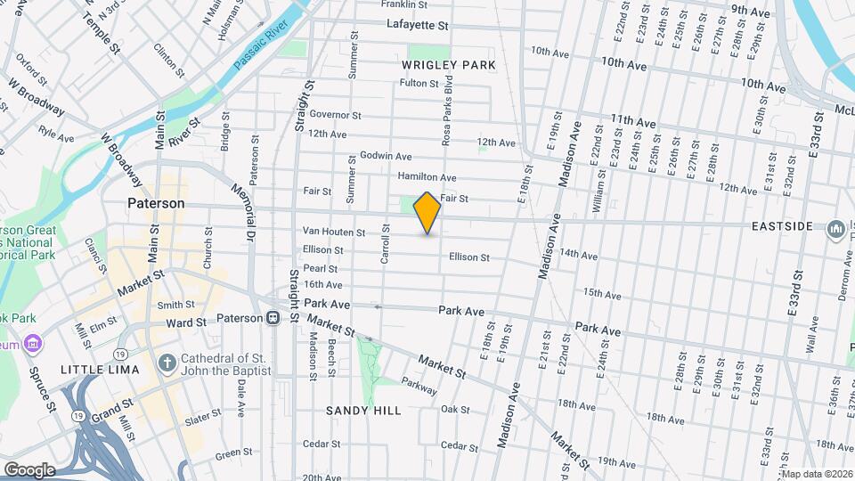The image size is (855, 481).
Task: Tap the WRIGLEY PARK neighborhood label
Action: [x=448, y=65]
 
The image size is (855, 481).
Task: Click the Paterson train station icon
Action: [x=277, y=318]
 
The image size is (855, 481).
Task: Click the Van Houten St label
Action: [x=335, y=232]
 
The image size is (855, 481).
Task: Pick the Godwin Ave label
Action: [x=385, y=156]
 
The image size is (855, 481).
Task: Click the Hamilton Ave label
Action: [x=427, y=177]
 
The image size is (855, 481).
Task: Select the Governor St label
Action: [x=335, y=115]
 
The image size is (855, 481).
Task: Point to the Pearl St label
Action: [x=321, y=268]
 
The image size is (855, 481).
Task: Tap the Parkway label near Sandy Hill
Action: [x=419, y=389]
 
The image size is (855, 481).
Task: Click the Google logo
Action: [x=29, y=469]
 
